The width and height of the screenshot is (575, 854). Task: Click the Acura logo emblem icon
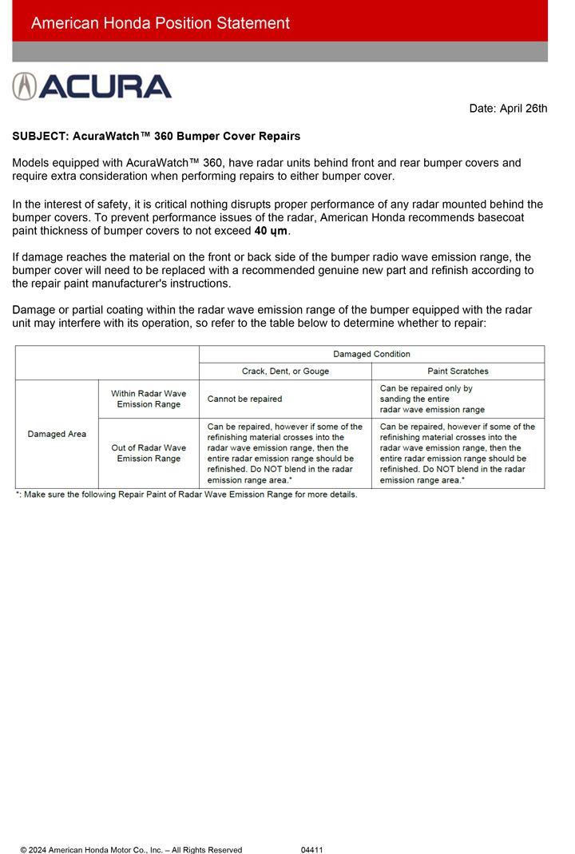24,86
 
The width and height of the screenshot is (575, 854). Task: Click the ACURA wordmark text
105,86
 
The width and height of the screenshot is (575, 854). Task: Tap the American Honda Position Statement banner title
160,23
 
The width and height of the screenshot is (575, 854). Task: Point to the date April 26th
508,109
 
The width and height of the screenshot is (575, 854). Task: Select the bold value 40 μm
271,231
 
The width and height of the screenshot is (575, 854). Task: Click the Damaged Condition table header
371,353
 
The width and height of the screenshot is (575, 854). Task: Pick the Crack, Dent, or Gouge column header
285,371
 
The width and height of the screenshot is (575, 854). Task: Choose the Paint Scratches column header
458,371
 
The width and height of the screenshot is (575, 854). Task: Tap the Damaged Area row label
57,434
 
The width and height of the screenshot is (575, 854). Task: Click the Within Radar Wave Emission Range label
149,399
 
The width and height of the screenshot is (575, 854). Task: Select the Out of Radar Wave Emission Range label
149,453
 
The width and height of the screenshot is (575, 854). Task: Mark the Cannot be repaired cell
244,399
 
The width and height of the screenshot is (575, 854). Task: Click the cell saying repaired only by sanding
432,399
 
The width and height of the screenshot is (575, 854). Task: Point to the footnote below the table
186,495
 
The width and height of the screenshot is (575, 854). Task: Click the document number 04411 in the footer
311,850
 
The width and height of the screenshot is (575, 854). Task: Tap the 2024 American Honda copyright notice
131,850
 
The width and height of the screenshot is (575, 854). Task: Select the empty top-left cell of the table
107,362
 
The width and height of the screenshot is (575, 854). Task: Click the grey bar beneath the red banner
280,52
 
